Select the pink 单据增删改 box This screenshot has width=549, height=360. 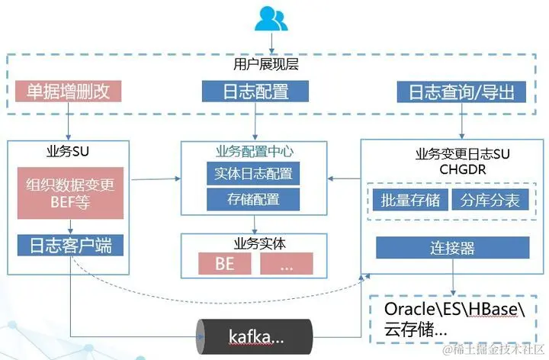(69, 92)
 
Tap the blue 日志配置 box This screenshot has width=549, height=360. (255, 92)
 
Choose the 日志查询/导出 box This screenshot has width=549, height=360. (462, 92)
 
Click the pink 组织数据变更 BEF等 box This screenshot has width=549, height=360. (70, 192)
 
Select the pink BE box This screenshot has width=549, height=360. (224, 265)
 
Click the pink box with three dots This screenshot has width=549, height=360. (286, 265)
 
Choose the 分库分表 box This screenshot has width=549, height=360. (490, 201)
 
